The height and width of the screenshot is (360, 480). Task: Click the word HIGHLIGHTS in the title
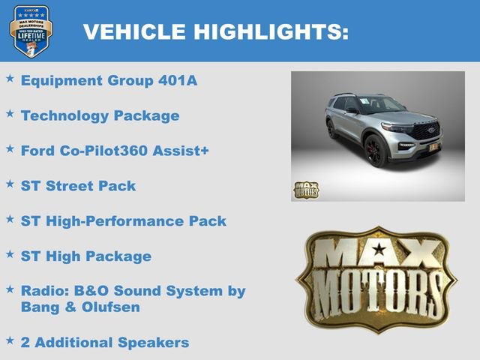coord(271,31)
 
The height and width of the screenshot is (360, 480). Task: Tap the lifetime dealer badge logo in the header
coord(30,31)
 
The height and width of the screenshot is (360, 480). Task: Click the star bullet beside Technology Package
coord(10,113)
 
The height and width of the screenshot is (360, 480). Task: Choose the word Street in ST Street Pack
coord(74,186)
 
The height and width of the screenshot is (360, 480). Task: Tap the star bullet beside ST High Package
coord(10,254)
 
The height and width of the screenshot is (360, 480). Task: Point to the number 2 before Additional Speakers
coord(25,343)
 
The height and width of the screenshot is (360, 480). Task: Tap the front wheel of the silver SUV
coord(376,151)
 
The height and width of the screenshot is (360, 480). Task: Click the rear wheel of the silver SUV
coord(331,129)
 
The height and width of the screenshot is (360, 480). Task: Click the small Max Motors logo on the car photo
coord(306,189)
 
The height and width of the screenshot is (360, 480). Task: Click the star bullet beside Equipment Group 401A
coord(10,78)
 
